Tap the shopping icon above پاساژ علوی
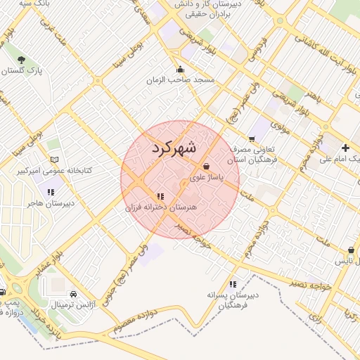[x=205, y=166]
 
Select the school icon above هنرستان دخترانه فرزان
[x=161, y=196]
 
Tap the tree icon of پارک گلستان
[x=21, y=60]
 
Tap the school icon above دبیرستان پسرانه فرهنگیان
[x=233, y=283]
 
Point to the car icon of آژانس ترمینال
[x=75, y=294]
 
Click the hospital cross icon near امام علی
[x=345, y=148]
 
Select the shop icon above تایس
[x=351, y=250]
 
